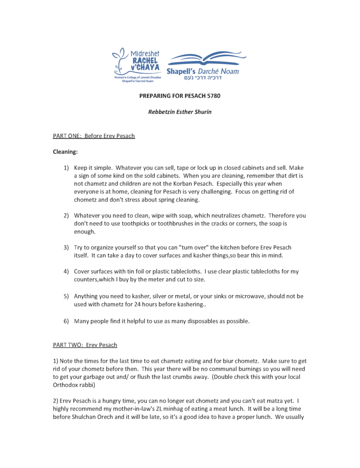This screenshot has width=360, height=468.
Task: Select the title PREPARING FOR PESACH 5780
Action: point(180,96)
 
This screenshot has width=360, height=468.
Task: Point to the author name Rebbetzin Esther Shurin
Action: point(180,112)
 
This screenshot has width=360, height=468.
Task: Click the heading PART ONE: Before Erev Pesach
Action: point(94,136)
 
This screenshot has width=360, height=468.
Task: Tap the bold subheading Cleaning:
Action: point(65,152)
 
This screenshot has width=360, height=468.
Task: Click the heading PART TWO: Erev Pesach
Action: point(85,345)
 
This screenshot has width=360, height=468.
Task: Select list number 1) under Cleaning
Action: point(67,168)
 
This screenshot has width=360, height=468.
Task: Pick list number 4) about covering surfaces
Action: point(67,272)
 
